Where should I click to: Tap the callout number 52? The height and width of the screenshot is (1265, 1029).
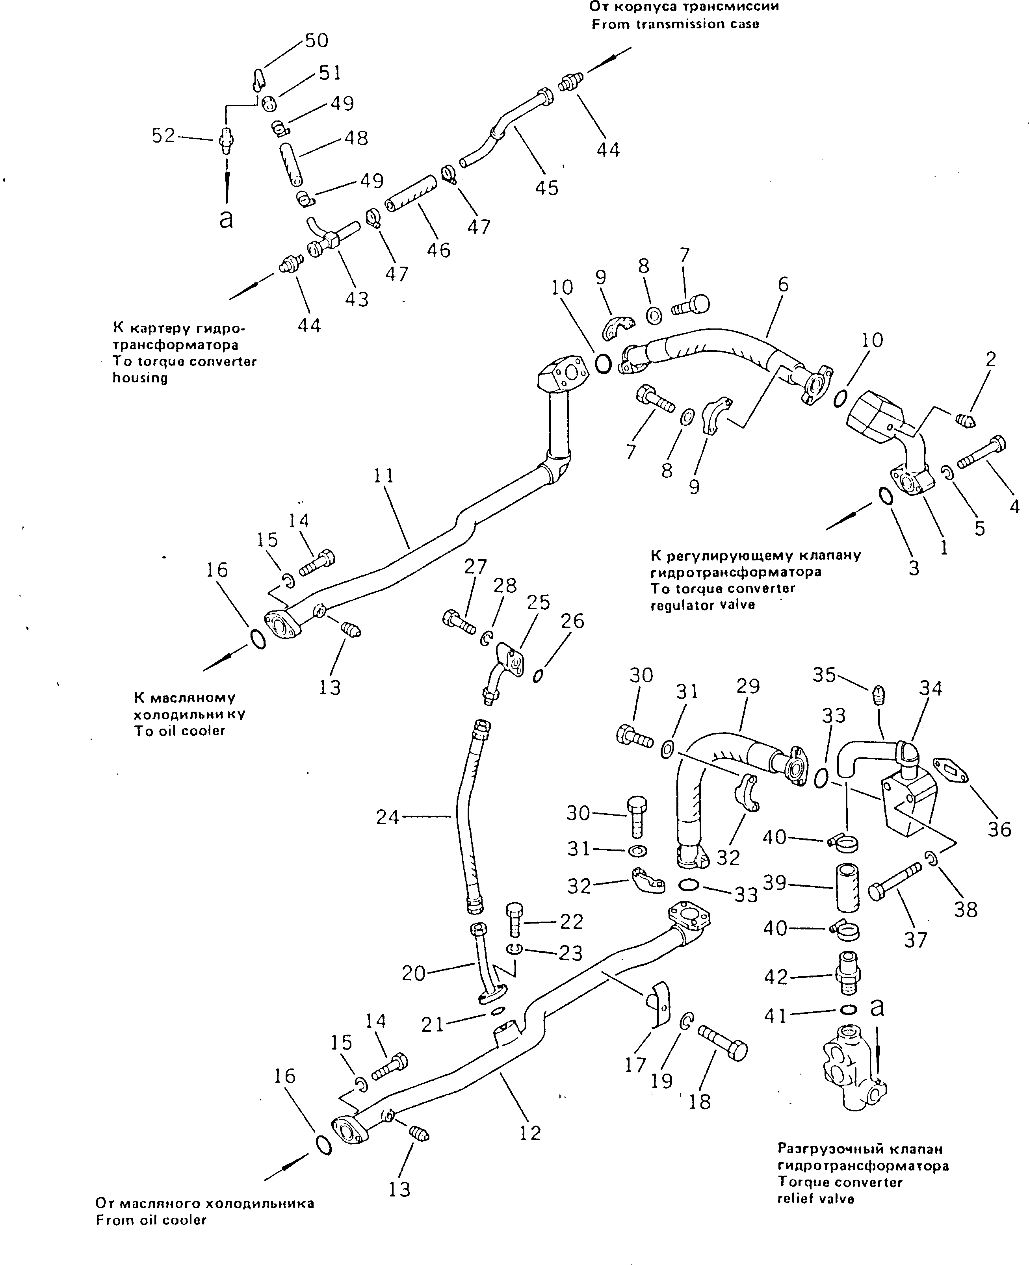(163, 136)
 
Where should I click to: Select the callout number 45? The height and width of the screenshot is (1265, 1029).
(546, 188)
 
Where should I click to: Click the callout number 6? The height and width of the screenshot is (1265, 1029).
(783, 285)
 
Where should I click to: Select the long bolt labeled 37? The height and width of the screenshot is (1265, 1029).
(895, 882)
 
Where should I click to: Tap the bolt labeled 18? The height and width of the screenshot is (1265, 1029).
(723, 1044)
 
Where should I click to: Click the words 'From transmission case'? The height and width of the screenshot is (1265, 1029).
(675, 24)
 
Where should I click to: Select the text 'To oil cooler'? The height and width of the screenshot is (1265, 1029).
(180, 731)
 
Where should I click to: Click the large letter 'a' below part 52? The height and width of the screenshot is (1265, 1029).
(226, 219)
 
